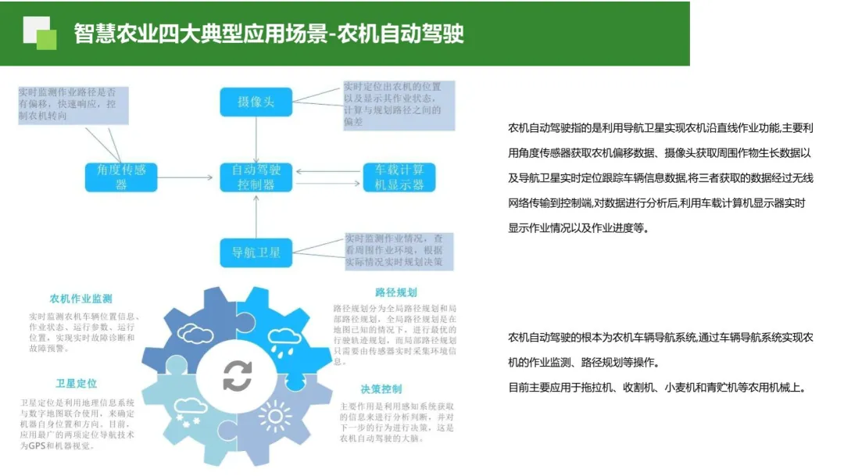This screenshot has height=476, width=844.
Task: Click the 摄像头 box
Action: [x=256, y=102]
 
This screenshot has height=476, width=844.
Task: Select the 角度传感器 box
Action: [x=121, y=177]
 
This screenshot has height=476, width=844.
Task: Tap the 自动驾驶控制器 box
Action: [x=256, y=177]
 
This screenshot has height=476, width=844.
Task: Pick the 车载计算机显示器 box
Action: [x=399, y=177]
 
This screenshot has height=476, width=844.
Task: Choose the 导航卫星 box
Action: [x=256, y=252]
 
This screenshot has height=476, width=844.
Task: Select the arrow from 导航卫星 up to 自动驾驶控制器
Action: [x=256, y=215]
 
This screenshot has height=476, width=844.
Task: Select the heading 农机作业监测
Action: [x=80, y=299]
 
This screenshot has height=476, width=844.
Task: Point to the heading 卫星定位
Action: [x=76, y=384]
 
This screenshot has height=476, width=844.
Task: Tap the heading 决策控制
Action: [x=381, y=389]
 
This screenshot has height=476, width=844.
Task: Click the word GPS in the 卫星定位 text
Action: [x=37, y=446]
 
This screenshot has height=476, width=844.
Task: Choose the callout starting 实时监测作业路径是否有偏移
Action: [x=73, y=103]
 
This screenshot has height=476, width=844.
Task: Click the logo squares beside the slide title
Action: [x=40, y=33]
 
